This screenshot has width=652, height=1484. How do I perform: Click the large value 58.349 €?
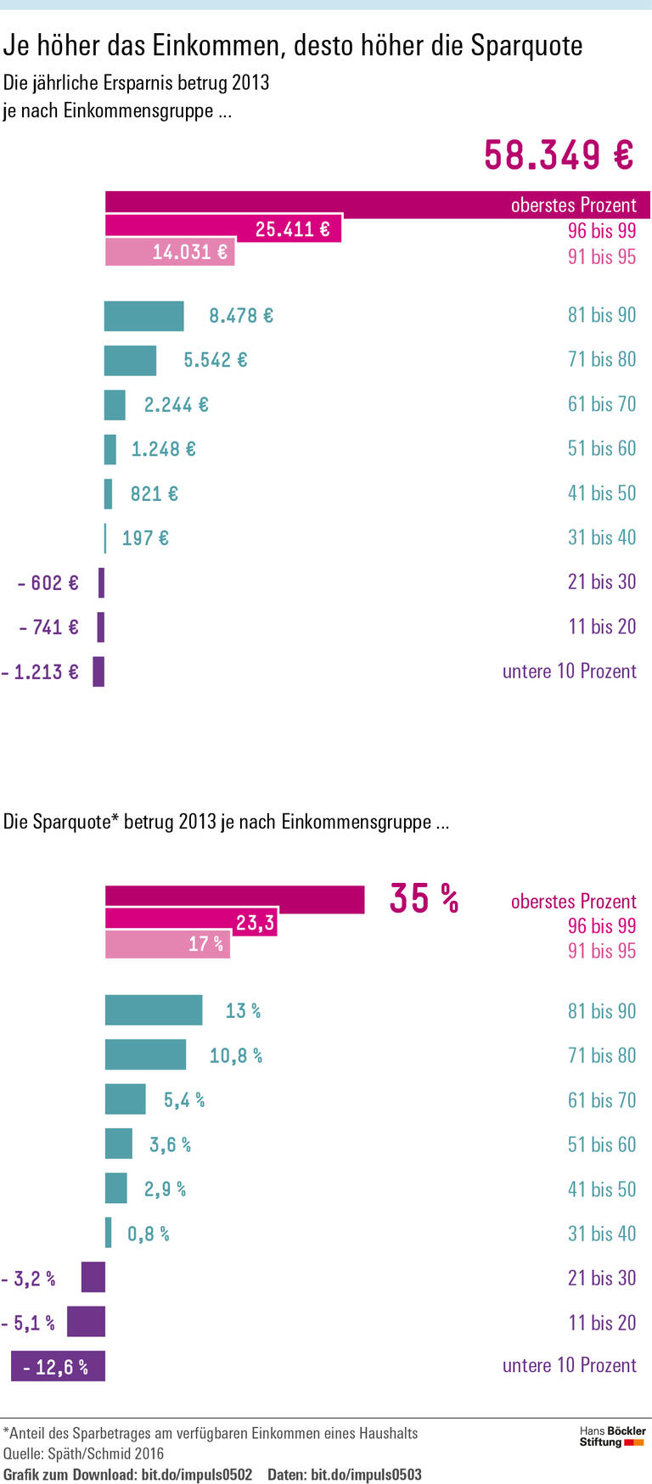tap(558, 155)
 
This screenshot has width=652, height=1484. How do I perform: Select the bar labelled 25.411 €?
tap(222, 229)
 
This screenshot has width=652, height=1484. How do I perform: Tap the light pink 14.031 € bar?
tap(169, 253)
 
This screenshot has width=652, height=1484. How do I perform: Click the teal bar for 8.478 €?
tap(143, 316)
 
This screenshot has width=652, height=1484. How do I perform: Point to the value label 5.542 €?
tap(216, 360)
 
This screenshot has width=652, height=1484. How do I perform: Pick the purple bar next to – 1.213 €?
tap(98, 672)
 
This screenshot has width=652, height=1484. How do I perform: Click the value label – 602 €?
tap(48, 583)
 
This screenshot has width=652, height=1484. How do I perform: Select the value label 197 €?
tap(145, 538)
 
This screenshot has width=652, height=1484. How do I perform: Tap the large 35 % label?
tap(424, 898)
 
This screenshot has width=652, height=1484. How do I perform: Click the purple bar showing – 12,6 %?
tap(58, 1366)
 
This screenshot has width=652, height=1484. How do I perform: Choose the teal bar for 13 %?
tap(154, 1010)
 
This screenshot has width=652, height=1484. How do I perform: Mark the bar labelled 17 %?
tap(167, 945)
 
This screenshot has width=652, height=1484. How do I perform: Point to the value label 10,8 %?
tap(236, 1056)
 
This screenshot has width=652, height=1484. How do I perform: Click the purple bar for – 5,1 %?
tap(86, 1322)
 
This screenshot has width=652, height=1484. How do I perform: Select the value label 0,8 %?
tap(149, 1234)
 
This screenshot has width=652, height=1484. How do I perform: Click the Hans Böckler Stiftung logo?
tap(612, 1436)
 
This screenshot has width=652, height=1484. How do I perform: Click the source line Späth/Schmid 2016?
tap(107, 1453)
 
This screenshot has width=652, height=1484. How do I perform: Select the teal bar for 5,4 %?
tap(125, 1099)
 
